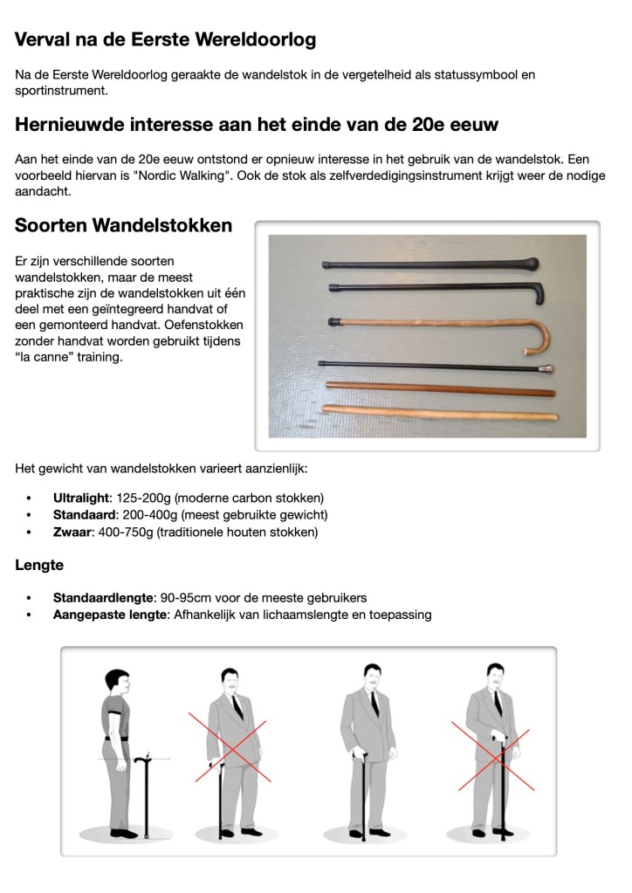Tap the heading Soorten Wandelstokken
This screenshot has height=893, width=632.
click(123, 225)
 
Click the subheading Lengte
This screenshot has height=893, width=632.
click(39, 565)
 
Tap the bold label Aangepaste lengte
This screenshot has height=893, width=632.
click(108, 615)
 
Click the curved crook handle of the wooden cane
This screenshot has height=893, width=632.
click(536, 336)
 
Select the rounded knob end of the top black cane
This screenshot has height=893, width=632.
click(531, 263)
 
